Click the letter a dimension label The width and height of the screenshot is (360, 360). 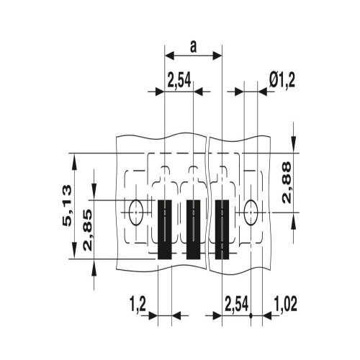tap(193, 47)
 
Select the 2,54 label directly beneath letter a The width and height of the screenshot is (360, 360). tap(179, 81)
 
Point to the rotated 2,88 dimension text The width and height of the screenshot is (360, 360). tap(287, 183)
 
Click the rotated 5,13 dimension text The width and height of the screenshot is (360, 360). tap(67, 205)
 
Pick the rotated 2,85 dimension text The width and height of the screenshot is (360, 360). tap(88, 230)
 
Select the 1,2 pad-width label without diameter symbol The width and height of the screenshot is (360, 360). tap(138, 305)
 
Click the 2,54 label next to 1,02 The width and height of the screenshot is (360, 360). tap(236, 304)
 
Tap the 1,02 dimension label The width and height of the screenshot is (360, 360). tap(285, 304)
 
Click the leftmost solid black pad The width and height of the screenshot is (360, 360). tap(165, 230)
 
